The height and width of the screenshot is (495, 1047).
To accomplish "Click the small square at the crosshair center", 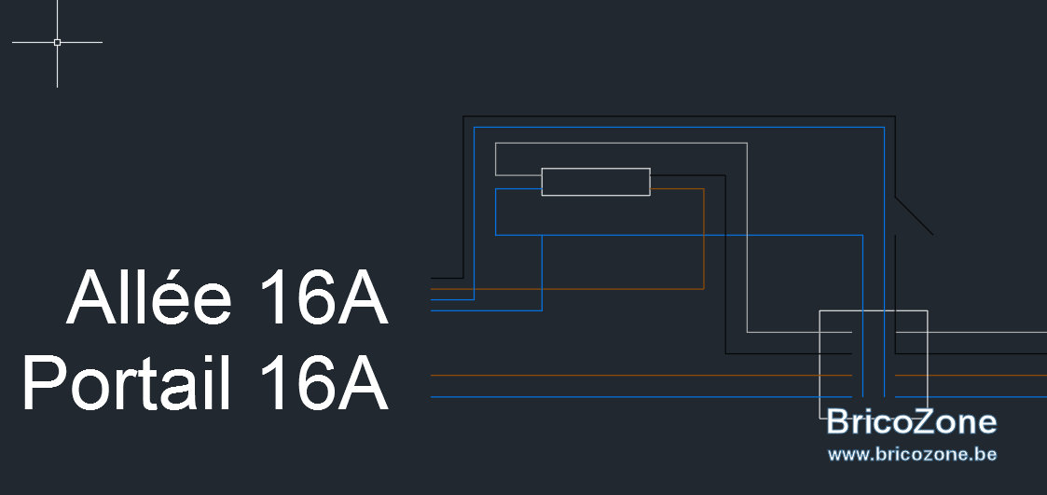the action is (x=58, y=42).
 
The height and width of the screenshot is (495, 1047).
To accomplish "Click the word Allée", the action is (x=149, y=297).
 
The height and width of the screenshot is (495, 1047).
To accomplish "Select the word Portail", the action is (x=127, y=383).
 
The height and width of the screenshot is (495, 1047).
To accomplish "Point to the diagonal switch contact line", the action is (x=914, y=215).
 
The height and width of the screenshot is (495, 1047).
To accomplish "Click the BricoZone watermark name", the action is (x=912, y=422).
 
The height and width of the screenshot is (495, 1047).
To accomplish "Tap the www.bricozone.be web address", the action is (x=912, y=455).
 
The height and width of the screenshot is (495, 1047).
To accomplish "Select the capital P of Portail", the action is (x=43, y=383).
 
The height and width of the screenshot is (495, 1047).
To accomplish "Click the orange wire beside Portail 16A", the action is (x=641, y=376).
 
